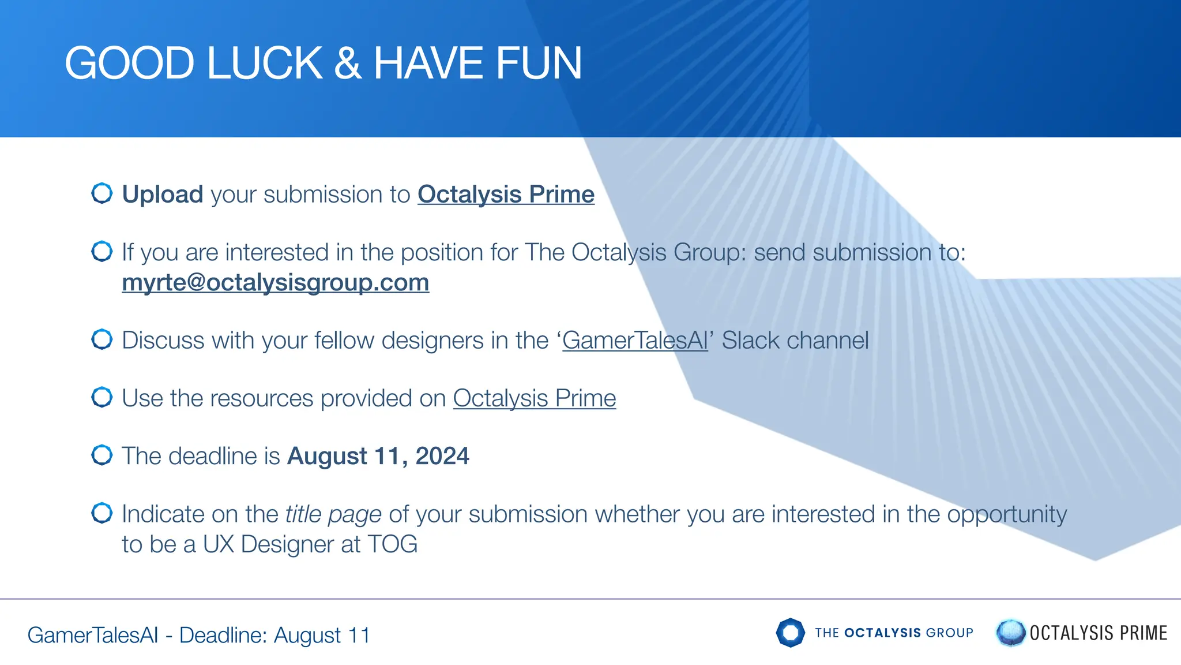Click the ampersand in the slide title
coord(347,63)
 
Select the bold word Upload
coord(163,195)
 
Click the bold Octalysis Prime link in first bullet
coord(506,195)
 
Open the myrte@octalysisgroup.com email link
coord(275,283)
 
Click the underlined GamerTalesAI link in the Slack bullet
coord(635,341)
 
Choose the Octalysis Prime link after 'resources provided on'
coord(534,398)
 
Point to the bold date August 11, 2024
coord(378,456)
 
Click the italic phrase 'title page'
coord(333,514)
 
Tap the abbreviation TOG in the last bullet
coord(392,544)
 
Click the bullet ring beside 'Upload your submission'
coord(102,193)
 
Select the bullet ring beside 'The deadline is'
coord(102,455)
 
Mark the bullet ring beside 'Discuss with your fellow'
coord(102,339)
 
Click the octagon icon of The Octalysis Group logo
coord(790,633)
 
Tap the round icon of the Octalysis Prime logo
coord(1010,633)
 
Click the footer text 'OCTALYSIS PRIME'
coord(1098,633)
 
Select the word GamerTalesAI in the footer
coord(93,635)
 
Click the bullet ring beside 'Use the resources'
coord(102,397)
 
